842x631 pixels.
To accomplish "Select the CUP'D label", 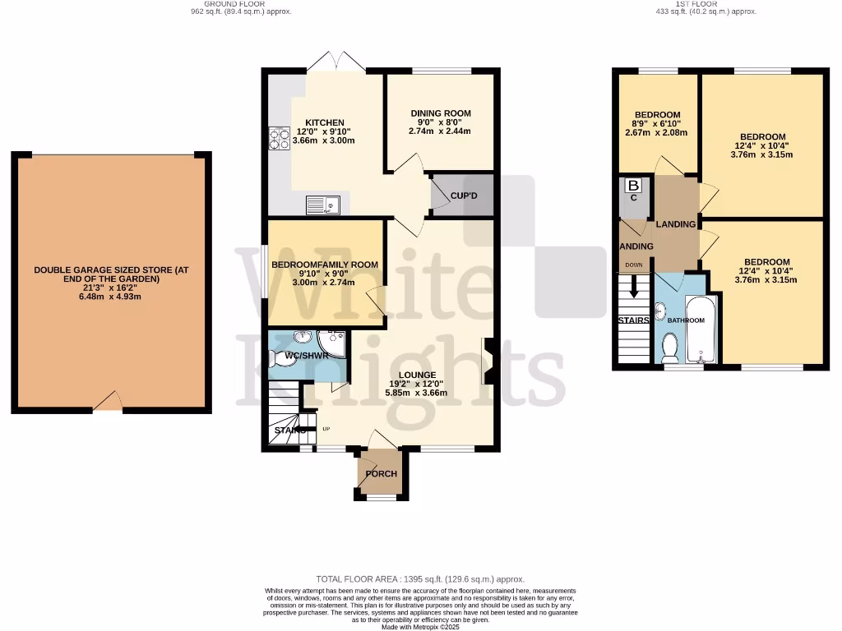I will pos(464,196).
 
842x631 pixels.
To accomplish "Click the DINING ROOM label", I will pos(441,113).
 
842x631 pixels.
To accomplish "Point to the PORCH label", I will pos(381,474).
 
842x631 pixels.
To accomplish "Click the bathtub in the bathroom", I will pos(701,329).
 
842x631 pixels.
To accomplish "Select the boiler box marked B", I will pos(633,187).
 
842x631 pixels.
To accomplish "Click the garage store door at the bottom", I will pos(109,402).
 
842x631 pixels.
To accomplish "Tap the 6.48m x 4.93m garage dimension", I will pos(111,297).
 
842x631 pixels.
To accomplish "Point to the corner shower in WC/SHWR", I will pos(335,339).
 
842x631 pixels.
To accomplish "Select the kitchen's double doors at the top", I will pos(335,61).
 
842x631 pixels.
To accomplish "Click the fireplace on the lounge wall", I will pos(487,362).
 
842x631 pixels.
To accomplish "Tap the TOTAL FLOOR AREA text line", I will pos(420,579).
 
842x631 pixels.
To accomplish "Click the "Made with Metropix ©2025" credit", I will pos(420,627).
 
